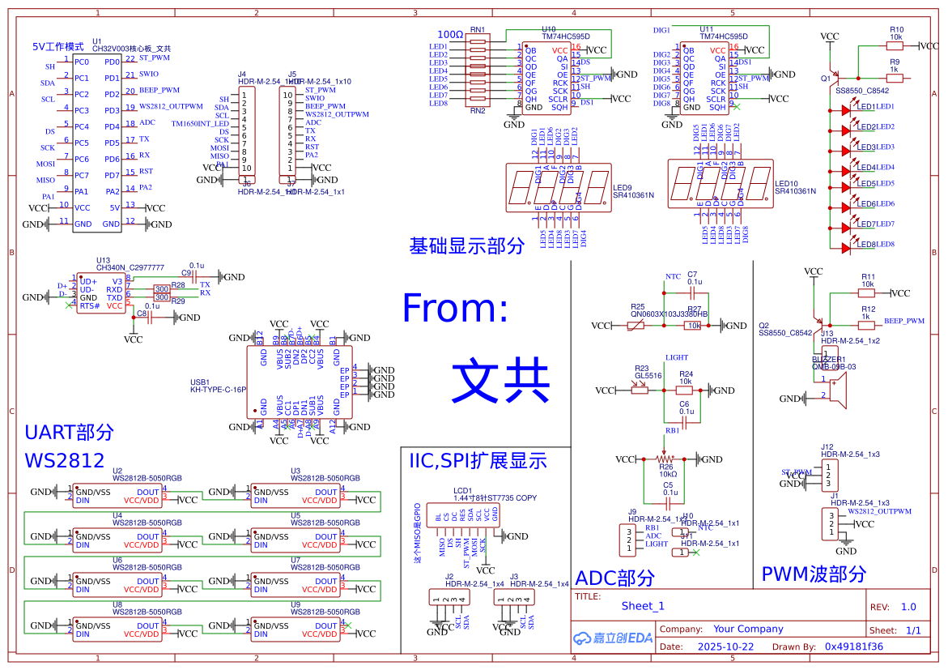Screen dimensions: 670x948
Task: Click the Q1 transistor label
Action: pos(826,79)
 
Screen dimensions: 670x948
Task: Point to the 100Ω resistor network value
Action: pos(450,35)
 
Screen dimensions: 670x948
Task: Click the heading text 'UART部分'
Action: pos(70,432)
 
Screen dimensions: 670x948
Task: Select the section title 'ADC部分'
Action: pos(614,578)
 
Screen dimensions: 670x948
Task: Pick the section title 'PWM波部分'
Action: pos(814,574)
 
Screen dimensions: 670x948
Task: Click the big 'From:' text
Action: pos(455,309)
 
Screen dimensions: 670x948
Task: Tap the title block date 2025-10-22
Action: pos(725,647)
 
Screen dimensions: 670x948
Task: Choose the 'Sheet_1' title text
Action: pos(643,606)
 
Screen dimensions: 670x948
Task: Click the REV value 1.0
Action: pos(908,607)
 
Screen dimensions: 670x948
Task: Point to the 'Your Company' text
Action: pos(748,629)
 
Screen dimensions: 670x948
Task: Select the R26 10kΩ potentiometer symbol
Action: pos(665,459)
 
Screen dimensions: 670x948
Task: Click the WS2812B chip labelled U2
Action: pos(117,497)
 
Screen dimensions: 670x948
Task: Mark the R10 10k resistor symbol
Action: pos(895,46)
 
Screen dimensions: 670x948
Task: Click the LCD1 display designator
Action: pos(462,490)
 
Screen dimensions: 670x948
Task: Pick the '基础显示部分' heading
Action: pos(467,246)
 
